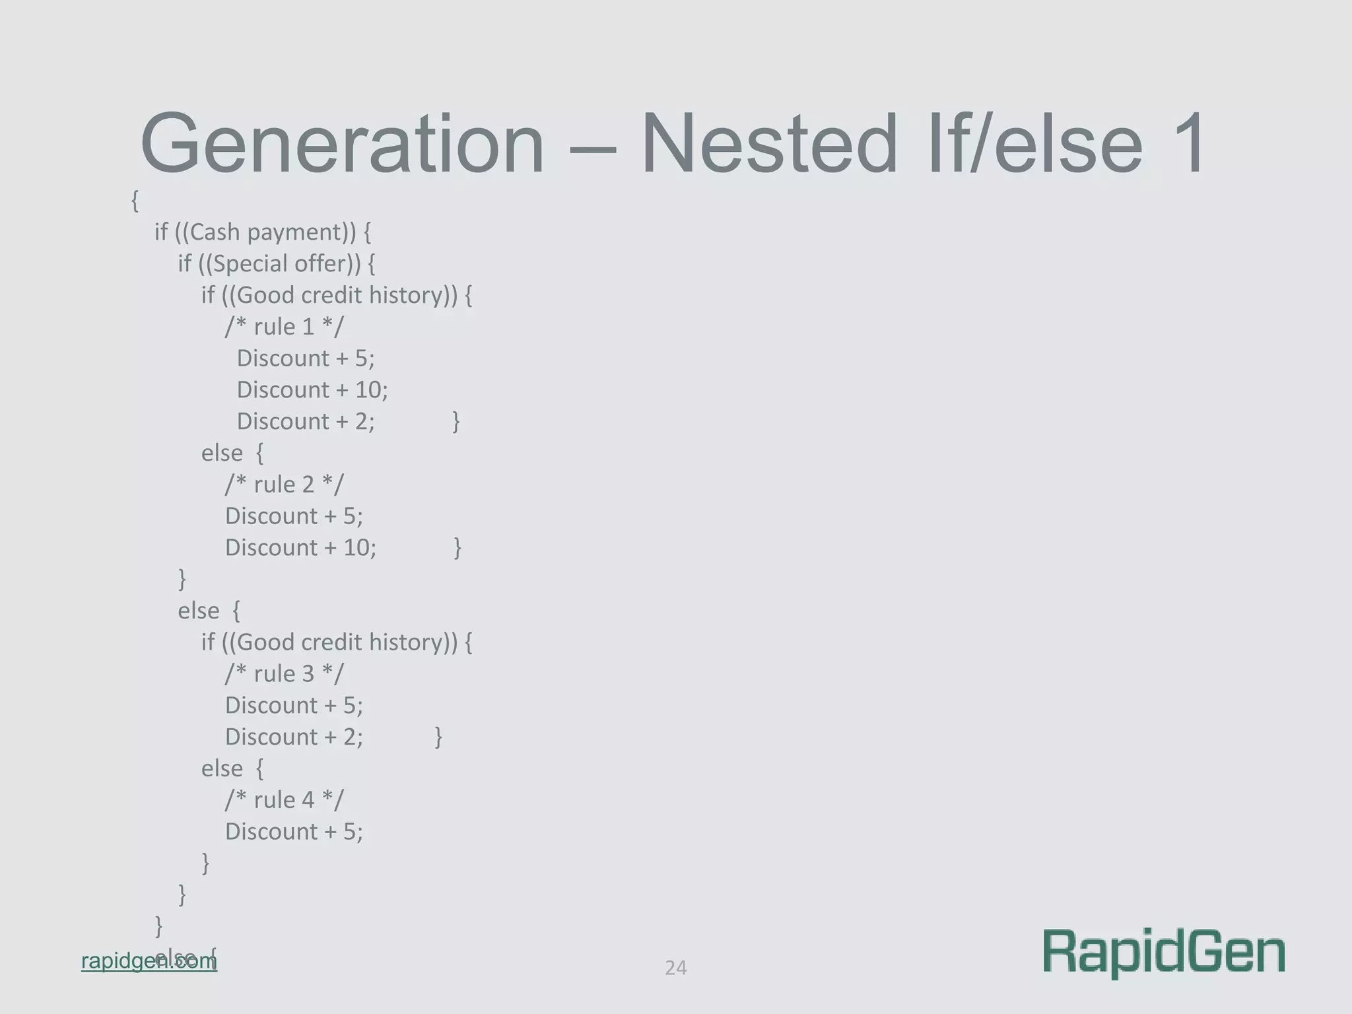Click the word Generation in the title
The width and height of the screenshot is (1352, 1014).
pos(342,144)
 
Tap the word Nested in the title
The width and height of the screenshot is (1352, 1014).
pos(770,144)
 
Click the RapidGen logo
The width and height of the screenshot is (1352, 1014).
pos(1164,953)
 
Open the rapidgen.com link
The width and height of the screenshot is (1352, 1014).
pos(149,961)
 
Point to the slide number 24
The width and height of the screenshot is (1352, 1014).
pos(675,968)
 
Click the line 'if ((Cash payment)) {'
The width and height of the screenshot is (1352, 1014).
pos(263,232)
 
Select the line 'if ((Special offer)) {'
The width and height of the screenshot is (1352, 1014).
pos(277,263)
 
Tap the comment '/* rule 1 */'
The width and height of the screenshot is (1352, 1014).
pos(284,327)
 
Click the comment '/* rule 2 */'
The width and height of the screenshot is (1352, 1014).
pos(284,485)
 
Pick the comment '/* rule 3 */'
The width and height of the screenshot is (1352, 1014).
pos(284,674)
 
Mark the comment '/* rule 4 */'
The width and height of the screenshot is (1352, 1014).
pos(284,800)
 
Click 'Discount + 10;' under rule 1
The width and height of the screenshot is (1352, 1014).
pos(312,390)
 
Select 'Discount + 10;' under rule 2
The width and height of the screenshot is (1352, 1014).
pos(300,548)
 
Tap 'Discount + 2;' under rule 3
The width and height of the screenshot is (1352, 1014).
pos(294,737)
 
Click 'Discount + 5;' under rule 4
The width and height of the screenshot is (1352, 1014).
pos(294,832)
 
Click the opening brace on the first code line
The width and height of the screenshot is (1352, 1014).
pos(135,201)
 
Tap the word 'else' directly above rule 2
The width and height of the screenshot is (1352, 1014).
pos(222,454)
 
